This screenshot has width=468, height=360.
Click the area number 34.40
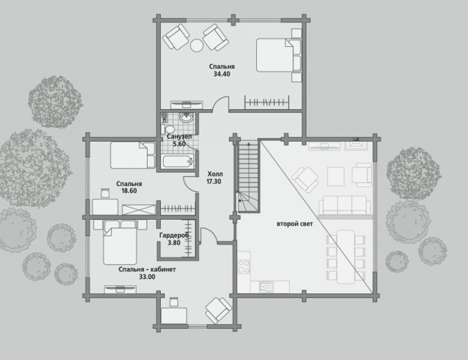tap(222, 74)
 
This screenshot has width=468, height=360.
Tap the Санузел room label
tap(179, 137)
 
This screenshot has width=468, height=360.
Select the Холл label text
tap(215, 174)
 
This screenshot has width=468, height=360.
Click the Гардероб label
tap(174, 235)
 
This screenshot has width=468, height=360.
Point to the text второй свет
tap(295, 224)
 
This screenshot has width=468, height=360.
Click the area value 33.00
tap(147, 277)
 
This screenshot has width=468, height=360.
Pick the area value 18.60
tap(129, 191)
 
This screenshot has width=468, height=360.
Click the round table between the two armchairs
tap(197, 46)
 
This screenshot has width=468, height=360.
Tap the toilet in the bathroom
tap(168, 130)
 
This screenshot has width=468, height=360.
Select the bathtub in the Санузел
tap(178, 161)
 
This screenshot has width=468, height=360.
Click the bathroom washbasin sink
tap(187, 118)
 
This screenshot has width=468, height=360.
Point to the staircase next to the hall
tap(248, 176)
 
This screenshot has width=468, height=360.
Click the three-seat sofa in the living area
tap(345, 205)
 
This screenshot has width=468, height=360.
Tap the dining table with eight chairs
tap(346, 257)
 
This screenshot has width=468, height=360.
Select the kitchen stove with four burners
tap(244, 266)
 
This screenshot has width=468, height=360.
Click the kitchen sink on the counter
tap(266, 287)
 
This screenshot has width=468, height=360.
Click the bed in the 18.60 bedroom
tap(133, 155)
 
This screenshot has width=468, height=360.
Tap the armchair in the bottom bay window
tap(218, 310)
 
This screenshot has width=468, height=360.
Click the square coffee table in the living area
tap(336, 176)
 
